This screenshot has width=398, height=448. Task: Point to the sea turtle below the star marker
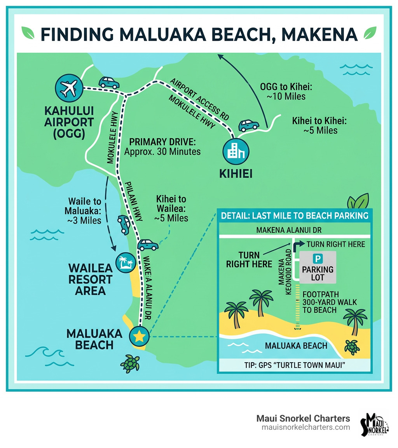[x=130, y=363]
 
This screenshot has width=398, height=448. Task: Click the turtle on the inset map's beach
[x=352, y=346]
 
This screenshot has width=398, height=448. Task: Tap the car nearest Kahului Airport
[x=109, y=82]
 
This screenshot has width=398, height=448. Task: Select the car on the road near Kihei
[x=248, y=125]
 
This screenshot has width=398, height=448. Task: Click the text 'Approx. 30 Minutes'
[x=162, y=151]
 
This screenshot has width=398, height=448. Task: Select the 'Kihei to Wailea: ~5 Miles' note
[x=171, y=208]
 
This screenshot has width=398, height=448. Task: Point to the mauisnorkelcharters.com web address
[x=305, y=427]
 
